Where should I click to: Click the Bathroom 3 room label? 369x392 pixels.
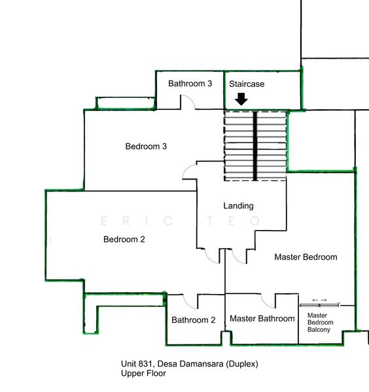(x=190, y=84)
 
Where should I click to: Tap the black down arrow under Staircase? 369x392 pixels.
(x=241, y=99)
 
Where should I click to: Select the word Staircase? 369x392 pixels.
(x=247, y=84)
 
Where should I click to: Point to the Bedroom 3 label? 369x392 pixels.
(x=146, y=146)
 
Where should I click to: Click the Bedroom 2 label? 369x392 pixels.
(x=124, y=239)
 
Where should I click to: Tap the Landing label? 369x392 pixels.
(x=238, y=206)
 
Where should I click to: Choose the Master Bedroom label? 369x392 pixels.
(x=306, y=257)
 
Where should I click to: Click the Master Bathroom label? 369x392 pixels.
(x=262, y=319)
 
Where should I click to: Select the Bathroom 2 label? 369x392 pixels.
(x=194, y=320)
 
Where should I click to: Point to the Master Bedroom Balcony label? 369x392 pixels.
(x=320, y=323)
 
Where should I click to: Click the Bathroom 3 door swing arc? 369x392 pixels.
(x=191, y=99)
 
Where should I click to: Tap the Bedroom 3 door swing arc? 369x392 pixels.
(x=186, y=169)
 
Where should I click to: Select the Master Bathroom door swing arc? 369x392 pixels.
(x=265, y=303)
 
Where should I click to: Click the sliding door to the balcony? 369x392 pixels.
(x=320, y=305)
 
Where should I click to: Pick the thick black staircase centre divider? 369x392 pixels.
(x=255, y=146)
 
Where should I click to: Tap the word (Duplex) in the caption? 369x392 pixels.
(x=242, y=364)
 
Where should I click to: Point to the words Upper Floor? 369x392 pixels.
(x=143, y=373)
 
